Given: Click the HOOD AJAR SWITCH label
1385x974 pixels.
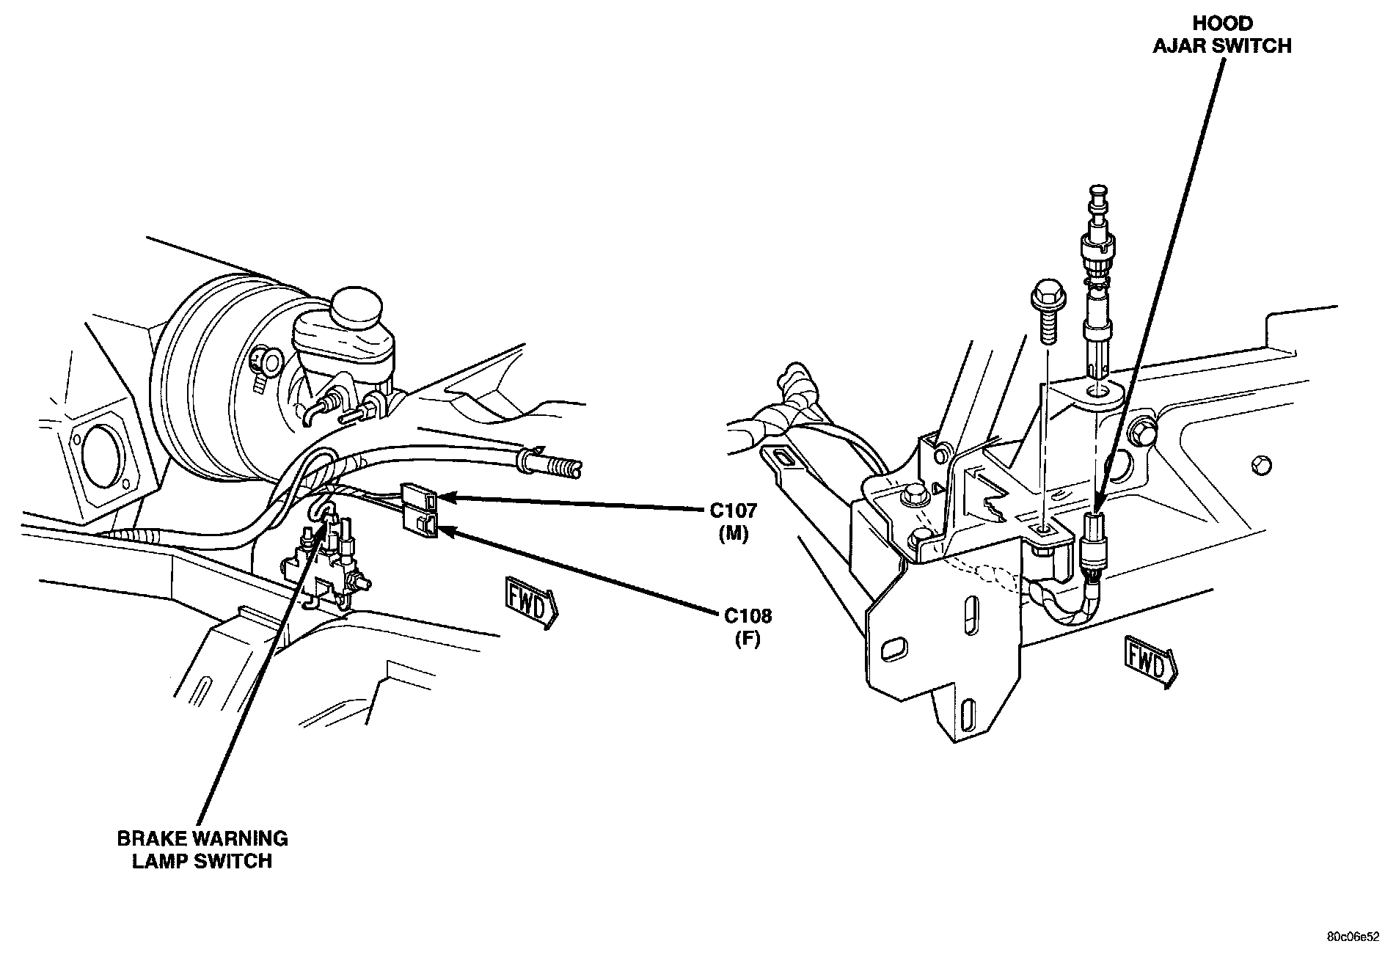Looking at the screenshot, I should pos(1221,35).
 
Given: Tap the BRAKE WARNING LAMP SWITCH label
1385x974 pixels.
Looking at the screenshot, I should pos(202,849).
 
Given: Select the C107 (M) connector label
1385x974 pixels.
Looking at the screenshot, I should pos(733,521).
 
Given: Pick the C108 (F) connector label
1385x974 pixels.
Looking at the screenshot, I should pos(748,626).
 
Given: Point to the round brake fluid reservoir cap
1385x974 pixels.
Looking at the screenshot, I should pos(356,308).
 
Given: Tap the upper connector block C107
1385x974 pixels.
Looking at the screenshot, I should pos(420,497).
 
